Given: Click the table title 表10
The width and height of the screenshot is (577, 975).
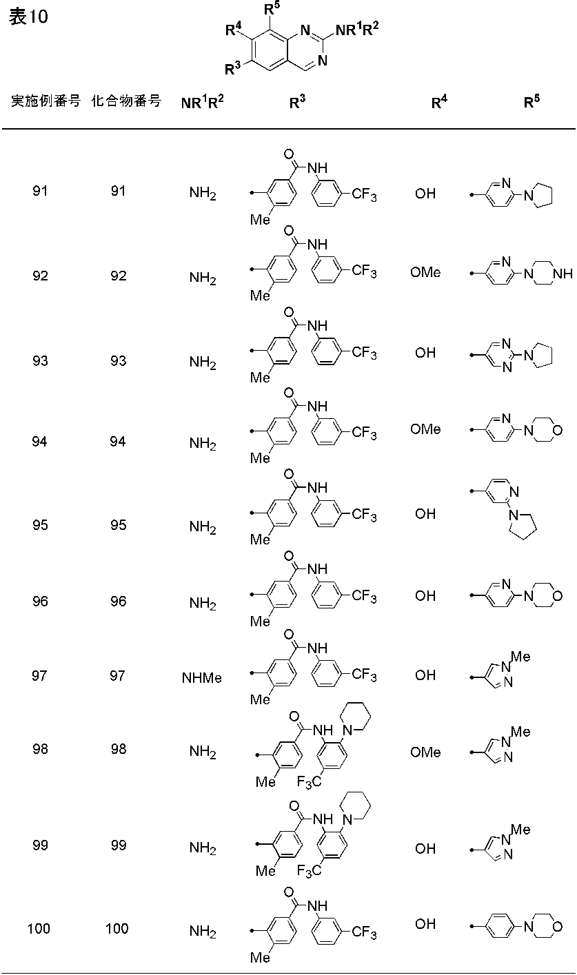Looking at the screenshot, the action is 29,17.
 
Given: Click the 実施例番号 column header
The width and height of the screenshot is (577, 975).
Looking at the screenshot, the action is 45,101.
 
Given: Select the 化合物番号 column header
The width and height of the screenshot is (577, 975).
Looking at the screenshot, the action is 126,101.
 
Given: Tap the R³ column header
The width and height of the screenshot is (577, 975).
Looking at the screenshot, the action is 297,102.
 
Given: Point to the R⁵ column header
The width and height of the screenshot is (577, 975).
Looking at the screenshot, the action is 532,102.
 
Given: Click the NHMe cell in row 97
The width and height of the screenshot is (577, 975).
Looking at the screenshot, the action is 201,678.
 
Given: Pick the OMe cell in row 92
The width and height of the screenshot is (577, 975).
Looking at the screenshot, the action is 425,272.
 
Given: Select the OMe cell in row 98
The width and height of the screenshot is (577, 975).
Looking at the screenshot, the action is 425,752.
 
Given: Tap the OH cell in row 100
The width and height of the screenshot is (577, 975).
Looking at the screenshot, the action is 425,923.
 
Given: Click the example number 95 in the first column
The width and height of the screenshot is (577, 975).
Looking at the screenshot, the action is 40,524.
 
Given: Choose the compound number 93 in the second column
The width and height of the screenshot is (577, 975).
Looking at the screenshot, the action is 119,361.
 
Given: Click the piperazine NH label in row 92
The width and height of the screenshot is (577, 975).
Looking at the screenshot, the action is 563,274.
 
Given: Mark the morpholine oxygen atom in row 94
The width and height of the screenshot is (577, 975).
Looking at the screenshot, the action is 557,431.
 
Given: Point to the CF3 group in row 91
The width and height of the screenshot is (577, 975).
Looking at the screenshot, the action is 364,194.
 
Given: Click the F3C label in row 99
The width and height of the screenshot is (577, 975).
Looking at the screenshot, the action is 310,870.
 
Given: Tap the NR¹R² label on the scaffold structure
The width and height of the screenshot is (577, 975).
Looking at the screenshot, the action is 357,30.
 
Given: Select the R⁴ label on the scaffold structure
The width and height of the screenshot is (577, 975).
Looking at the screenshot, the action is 234,30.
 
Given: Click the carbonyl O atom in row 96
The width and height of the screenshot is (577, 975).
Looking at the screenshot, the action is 289,556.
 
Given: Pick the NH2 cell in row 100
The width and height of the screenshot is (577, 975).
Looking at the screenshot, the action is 203,932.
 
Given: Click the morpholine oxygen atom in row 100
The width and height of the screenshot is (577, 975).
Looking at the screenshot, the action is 557,927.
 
